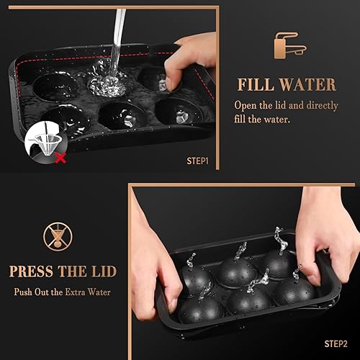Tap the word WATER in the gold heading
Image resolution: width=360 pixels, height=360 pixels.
(x=310, y=85)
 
